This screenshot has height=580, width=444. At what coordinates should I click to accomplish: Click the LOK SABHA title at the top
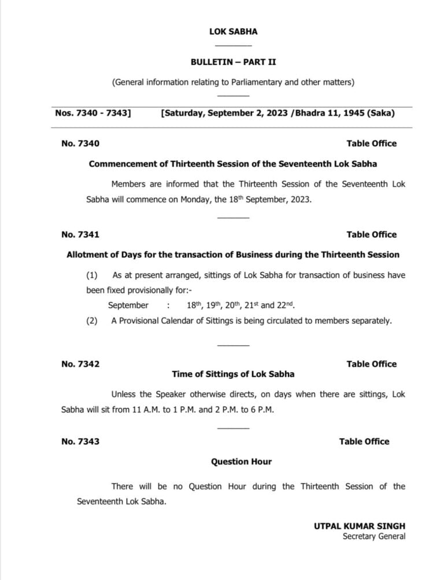[233, 32]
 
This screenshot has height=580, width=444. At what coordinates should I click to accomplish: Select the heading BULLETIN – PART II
[233, 61]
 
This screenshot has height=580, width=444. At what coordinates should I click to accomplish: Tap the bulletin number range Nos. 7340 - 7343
[92, 113]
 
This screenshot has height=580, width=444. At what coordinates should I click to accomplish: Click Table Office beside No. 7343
[364, 441]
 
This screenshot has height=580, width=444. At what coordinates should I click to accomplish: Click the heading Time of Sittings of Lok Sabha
[233, 374]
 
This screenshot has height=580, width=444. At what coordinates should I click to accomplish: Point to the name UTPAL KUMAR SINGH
[360, 526]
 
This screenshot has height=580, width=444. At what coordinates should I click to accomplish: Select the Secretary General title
[374, 537]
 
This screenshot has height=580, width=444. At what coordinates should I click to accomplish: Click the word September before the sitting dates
[128, 305]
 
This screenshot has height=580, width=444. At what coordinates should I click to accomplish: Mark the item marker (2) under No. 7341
[92, 321]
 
